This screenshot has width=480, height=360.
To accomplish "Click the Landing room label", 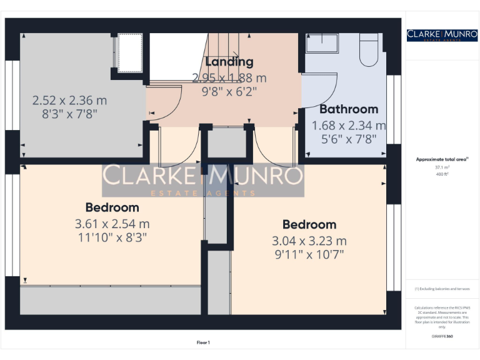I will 229,62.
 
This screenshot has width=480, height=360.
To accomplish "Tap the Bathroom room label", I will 349,109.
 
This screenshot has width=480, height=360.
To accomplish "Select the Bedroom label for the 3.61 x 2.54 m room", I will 112,207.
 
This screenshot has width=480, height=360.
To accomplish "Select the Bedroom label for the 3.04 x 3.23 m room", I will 309,224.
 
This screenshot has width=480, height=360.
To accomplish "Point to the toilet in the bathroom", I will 369,50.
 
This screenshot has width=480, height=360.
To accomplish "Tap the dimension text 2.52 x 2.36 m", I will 69,100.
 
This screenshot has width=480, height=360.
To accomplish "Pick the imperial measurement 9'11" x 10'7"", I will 309,254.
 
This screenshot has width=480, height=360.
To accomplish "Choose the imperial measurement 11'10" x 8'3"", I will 112,237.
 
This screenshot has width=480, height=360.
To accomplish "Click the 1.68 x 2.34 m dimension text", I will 349,126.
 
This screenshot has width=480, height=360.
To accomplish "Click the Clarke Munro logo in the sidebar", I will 442,35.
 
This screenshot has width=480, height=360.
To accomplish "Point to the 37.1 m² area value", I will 442,167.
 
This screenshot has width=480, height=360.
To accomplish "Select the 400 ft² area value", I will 442,174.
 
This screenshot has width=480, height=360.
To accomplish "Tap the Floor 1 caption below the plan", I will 203,342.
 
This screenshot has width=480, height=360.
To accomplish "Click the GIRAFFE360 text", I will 442,336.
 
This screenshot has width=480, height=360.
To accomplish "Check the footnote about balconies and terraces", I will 442,289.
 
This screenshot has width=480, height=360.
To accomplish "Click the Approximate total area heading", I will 442,159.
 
